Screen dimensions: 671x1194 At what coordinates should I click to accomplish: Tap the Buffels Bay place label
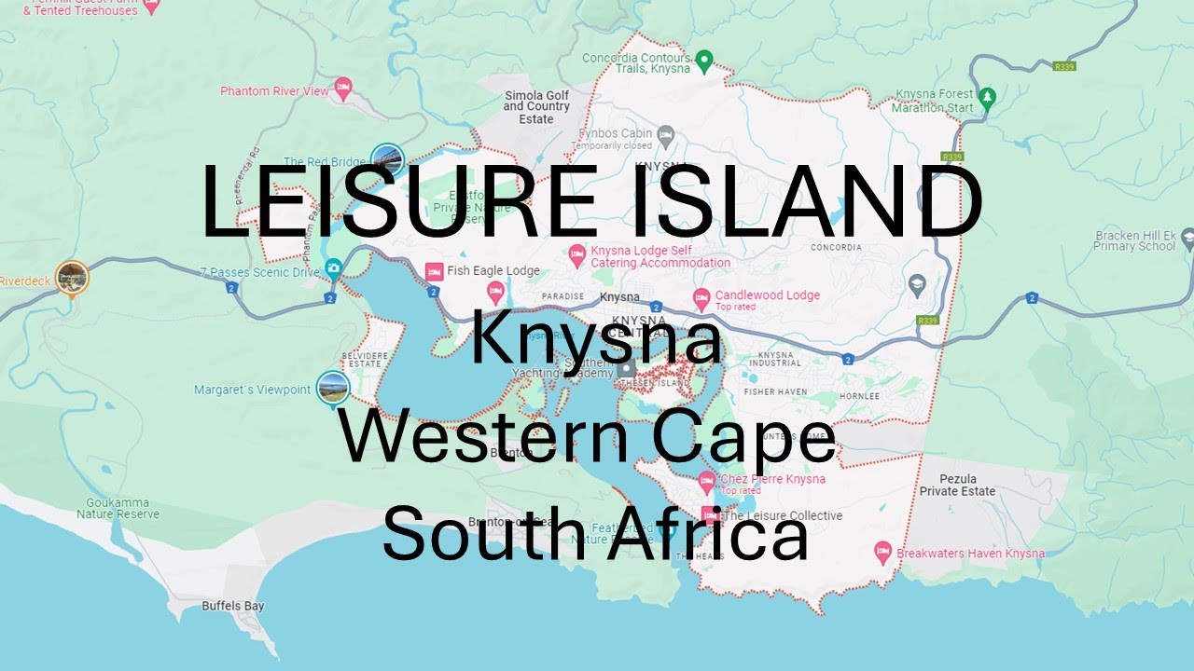(x=233, y=606)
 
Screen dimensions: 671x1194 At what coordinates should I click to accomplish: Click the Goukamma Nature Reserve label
(x=118, y=508)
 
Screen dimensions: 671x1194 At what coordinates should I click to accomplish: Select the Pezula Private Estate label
(x=957, y=485)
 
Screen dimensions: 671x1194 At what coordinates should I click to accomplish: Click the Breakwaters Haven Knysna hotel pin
(x=882, y=552)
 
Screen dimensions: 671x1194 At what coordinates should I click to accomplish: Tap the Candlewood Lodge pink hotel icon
(x=701, y=298)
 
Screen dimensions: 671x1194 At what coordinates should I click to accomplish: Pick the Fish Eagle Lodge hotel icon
(x=434, y=271)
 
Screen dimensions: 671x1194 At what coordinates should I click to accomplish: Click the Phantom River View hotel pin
(x=342, y=89)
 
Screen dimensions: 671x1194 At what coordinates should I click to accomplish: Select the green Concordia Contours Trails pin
(x=705, y=62)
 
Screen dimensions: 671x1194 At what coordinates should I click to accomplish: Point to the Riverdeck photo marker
(x=72, y=277)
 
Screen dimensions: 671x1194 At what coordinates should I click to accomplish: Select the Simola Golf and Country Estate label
(x=536, y=107)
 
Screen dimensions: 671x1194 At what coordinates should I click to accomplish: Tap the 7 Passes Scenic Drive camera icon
(x=333, y=270)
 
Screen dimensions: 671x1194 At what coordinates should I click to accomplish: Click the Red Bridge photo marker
(x=387, y=160)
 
